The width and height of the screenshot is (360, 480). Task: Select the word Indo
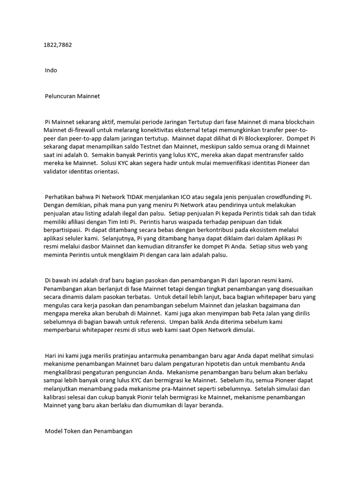pyautogui.click(x=51, y=70)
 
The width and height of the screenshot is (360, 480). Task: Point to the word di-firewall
pyautogui.click(x=82, y=130)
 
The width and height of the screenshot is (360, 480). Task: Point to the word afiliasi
pyautogui.click(x=82, y=222)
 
